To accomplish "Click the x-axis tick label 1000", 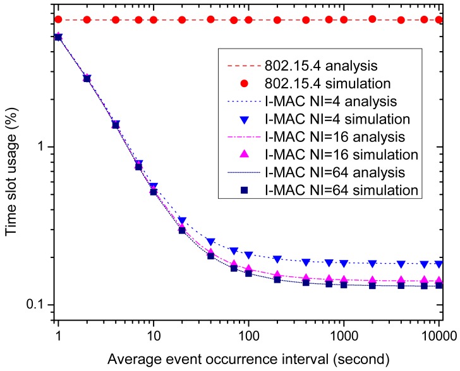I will [x=343, y=331].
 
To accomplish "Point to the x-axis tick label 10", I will [x=153, y=331].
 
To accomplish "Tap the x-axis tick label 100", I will [x=248, y=331].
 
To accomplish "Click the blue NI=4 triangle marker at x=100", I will [x=248, y=255].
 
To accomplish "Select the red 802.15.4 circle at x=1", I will [x=58, y=20].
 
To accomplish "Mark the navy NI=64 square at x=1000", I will [x=344, y=285].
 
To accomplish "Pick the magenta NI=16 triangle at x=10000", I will [x=439, y=281].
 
